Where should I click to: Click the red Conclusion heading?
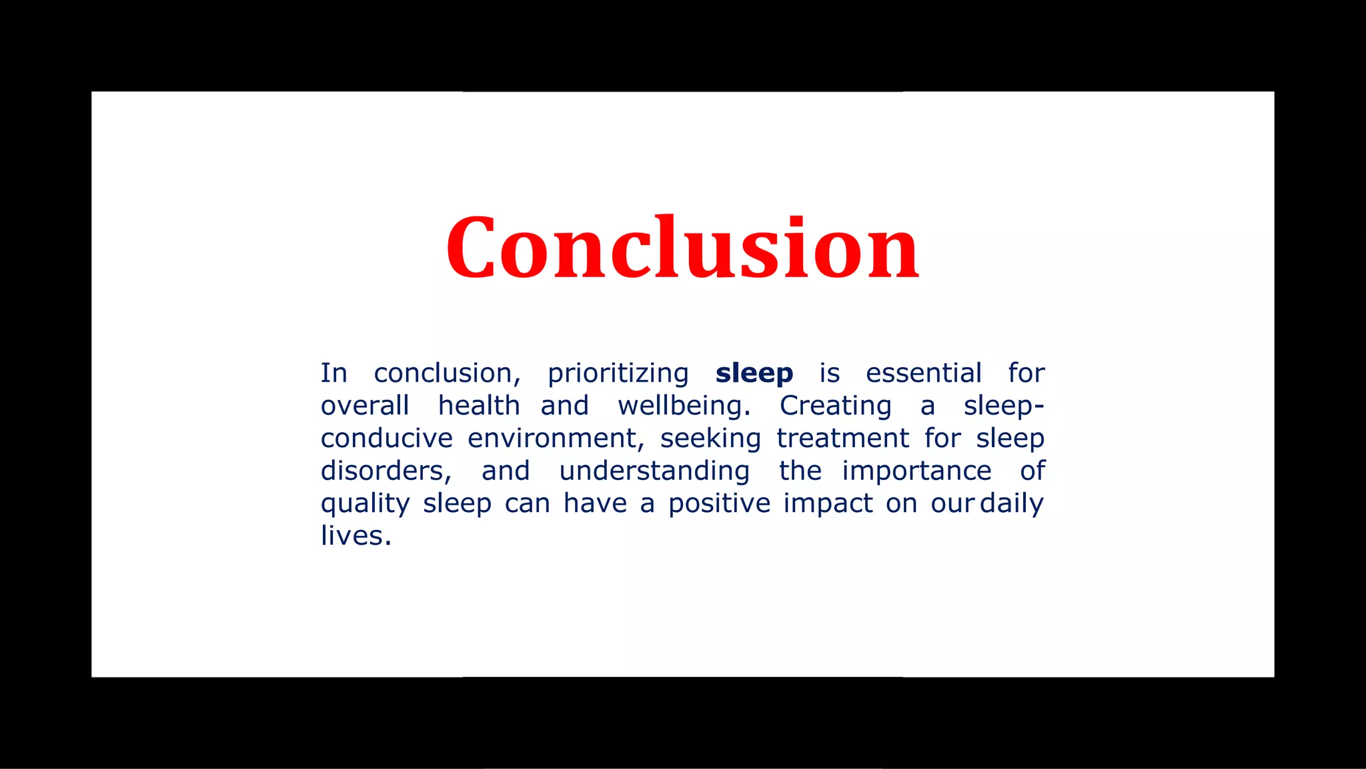(682, 248)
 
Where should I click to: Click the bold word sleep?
(754, 373)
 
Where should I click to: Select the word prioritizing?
(618, 374)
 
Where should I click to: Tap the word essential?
(923, 373)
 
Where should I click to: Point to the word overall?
(364, 406)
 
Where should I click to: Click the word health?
(478, 406)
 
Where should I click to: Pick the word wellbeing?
(684, 407)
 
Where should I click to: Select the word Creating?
(835, 407)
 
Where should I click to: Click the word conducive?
(386, 439)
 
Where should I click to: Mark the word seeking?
(710, 439)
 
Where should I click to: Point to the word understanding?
(654, 471)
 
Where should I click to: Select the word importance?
(916, 471)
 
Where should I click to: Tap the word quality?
(365, 504)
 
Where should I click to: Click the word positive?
(719, 504)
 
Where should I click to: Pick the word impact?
(828, 504)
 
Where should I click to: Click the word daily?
(1011, 504)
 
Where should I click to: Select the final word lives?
(355, 536)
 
